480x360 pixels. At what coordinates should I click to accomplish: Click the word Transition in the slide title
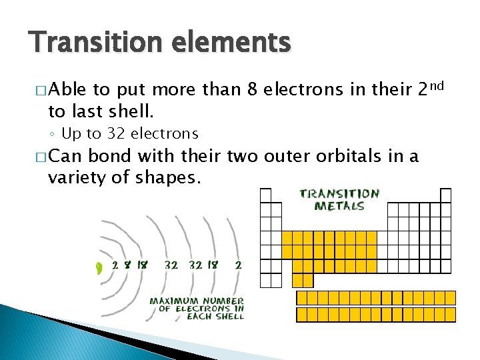[x=93, y=43]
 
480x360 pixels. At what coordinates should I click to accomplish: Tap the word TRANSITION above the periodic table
[x=339, y=194]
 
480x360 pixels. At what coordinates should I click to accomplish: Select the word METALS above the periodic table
[x=339, y=206]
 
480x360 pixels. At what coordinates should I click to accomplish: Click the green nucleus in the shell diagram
[x=99, y=268]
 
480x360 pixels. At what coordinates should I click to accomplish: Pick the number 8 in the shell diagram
[x=127, y=264]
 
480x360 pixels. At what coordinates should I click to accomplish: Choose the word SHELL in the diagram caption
[x=229, y=316]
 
